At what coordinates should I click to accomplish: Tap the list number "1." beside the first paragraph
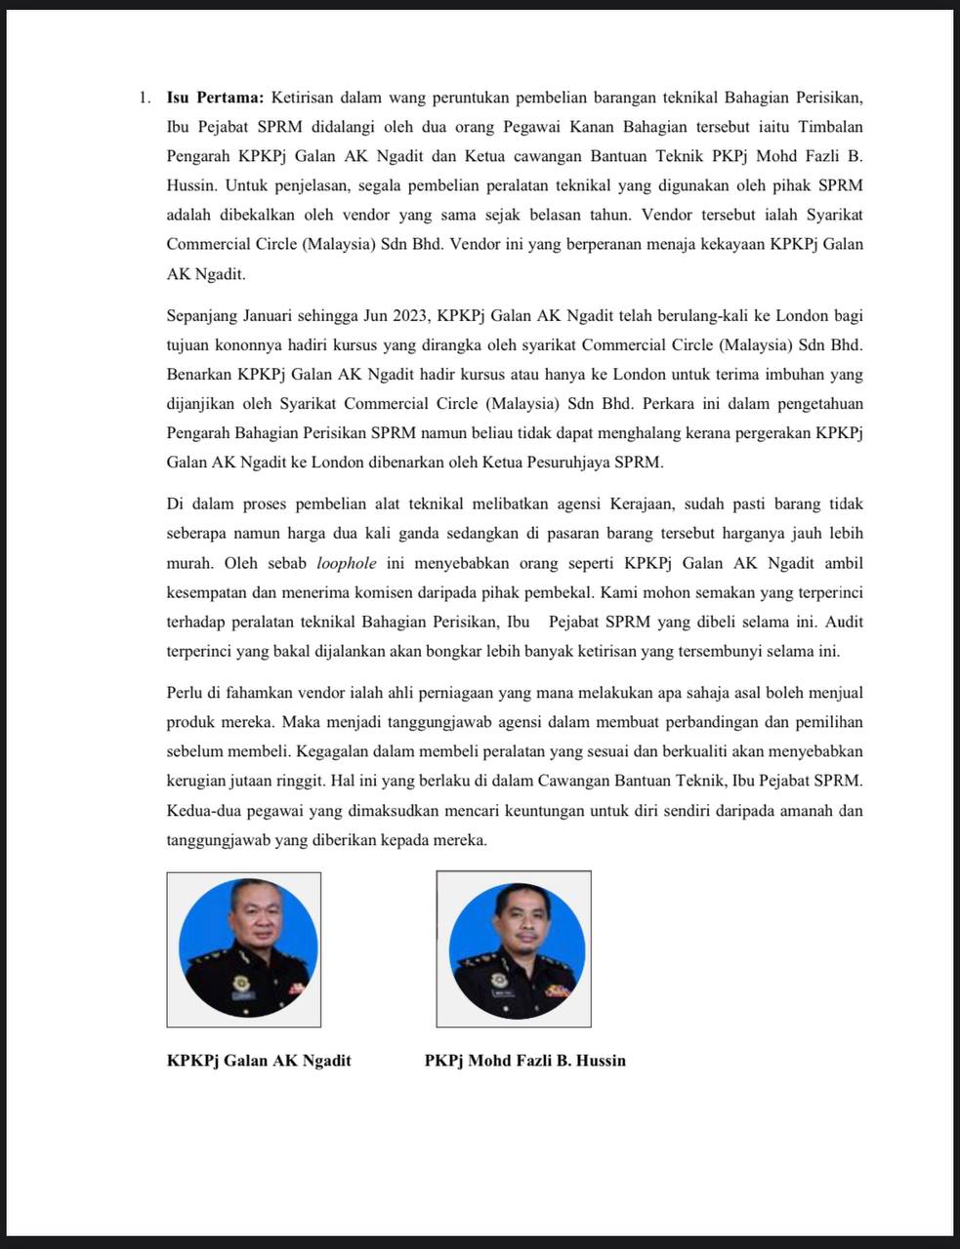pyautogui.click(x=144, y=98)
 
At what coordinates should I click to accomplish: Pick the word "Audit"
pyautogui.click(x=843, y=622)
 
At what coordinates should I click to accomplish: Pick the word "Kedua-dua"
pyautogui.click(x=201, y=811)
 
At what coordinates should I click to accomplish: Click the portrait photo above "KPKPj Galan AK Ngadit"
pyautogui.click(x=244, y=948)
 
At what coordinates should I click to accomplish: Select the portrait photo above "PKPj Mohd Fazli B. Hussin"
pyautogui.click(x=514, y=948)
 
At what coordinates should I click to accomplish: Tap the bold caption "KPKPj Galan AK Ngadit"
pyautogui.click(x=259, y=1061)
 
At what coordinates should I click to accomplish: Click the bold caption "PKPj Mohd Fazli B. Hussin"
pyautogui.click(x=525, y=1061)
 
